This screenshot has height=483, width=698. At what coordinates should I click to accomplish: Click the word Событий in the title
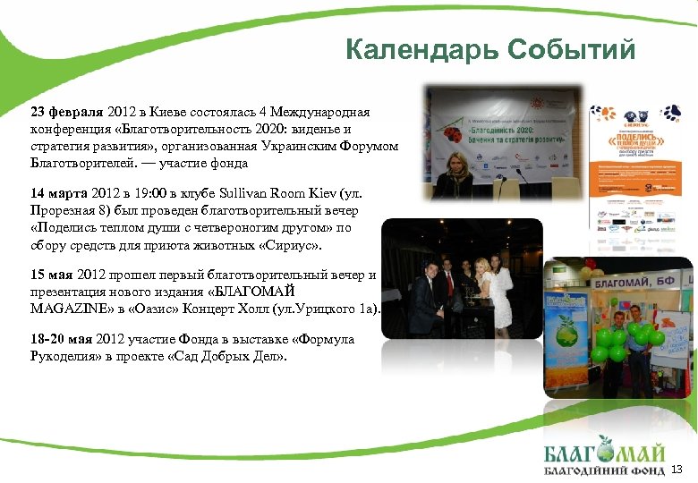pyautogui.click(x=570, y=49)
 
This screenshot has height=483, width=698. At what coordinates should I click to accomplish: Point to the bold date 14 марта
pyautogui.click(x=59, y=193)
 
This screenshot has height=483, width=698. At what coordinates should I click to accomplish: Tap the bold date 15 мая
pyautogui.click(x=53, y=275)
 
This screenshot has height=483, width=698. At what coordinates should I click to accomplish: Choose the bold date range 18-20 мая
pyautogui.click(x=62, y=340)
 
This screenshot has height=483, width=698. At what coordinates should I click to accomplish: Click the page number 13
pyautogui.click(x=677, y=470)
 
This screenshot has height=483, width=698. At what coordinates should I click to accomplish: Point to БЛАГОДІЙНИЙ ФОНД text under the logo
pyautogui.click(x=605, y=470)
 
